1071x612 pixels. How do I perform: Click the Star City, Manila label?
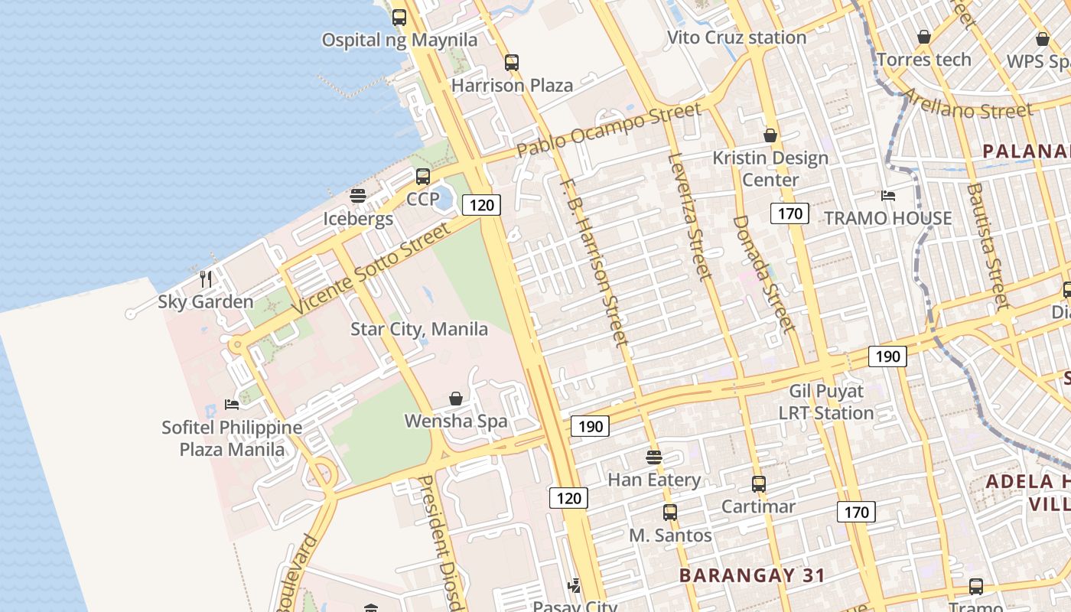click(418, 329)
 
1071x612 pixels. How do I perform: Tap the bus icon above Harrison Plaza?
click(511, 63)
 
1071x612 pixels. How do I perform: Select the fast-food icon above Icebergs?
click(358, 196)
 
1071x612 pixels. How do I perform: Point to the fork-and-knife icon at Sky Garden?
click(205, 278)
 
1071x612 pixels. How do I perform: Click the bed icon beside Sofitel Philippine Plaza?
click(232, 404)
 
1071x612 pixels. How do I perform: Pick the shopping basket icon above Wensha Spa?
click(456, 399)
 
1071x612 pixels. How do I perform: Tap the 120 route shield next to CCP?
click(481, 205)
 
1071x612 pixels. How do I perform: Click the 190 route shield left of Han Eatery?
click(591, 426)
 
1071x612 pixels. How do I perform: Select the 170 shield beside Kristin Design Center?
click(789, 213)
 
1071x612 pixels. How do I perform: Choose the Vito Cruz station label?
click(737, 37)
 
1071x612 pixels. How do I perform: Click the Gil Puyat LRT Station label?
click(826, 402)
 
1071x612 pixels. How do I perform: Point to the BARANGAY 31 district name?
click(752, 575)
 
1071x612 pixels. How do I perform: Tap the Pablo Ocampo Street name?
click(608, 129)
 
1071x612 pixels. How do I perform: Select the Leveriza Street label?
click(691, 216)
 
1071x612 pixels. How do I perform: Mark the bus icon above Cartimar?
click(758, 484)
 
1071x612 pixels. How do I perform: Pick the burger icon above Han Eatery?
click(653, 457)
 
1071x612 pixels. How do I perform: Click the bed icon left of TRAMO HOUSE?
click(887, 196)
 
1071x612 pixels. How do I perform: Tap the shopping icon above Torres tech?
click(924, 37)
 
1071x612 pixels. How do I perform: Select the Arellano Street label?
click(968, 104)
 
